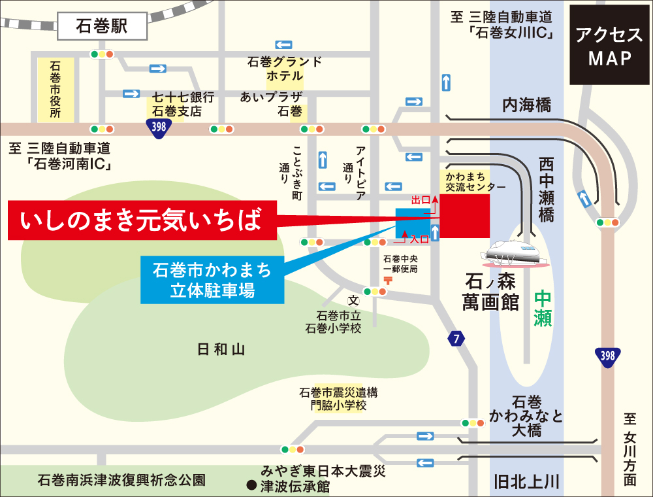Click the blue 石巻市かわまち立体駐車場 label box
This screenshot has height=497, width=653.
pos(212,279)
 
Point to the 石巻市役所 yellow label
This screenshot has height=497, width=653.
pos(55,89)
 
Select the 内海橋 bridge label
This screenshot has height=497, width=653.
pos(526,104)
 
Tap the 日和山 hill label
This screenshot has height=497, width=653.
pos(220,350)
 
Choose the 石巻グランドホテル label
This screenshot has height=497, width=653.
pos(285,69)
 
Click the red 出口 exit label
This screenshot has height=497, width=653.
pos(421,198)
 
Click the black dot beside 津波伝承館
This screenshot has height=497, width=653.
pos(250,486)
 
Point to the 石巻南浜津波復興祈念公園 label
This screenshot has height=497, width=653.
pos(121,480)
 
